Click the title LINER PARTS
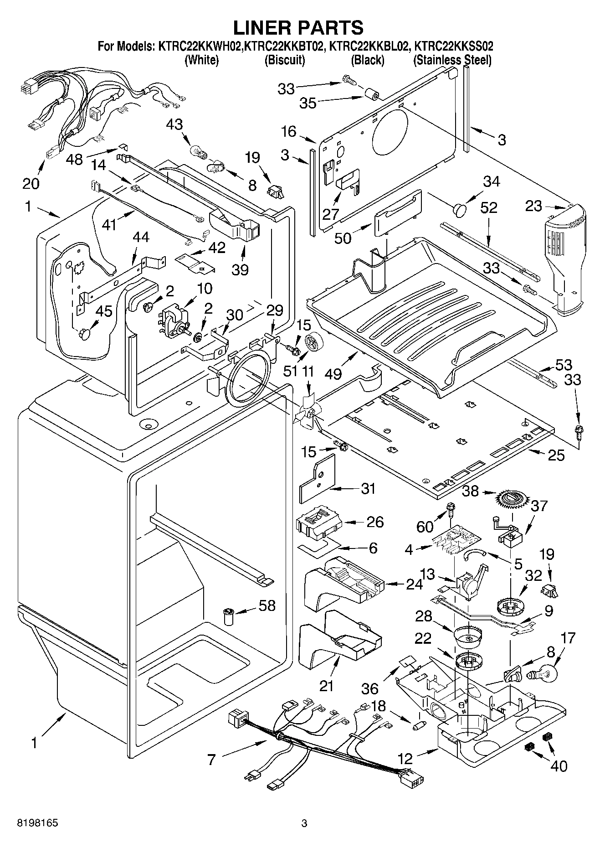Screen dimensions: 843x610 click(x=298, y=27)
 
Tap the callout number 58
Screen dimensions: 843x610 click(x=267, y=605)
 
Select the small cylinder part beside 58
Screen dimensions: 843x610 click(x=228, y=616)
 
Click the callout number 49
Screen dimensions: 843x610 click(x=334, y=374)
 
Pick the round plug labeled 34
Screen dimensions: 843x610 click(x=460, y=210)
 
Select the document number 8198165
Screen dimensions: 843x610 click(x=37, y=823)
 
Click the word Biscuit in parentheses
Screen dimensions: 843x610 click(x=285, y=60)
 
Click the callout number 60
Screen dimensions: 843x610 click(x=425, y=527)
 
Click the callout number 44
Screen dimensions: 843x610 click(x=140, y=237)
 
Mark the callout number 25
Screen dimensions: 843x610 click(x=556, y=455)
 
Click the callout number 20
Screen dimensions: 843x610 click(x=31, y=184)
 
